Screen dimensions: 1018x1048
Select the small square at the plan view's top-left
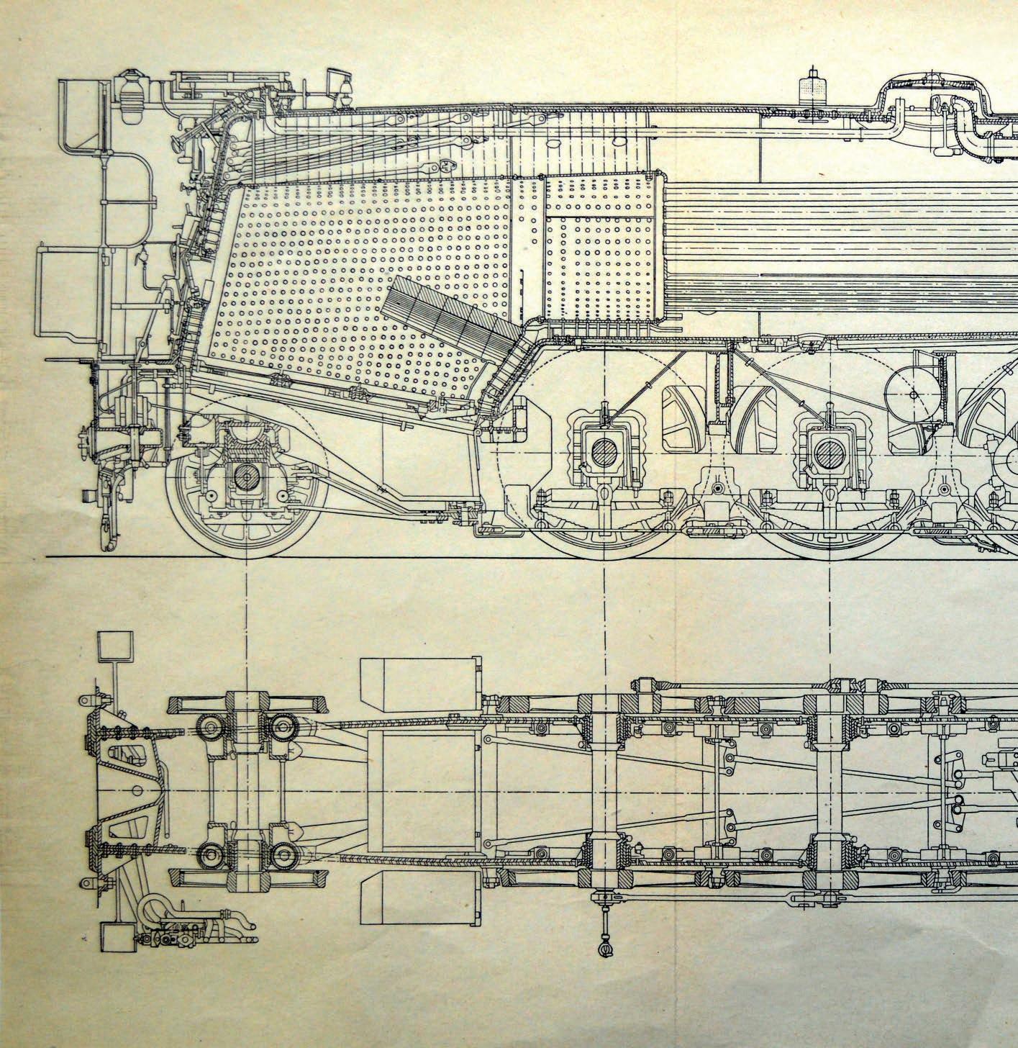tap(115, 646)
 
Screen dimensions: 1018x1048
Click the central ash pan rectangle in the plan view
tap(423, 790)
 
